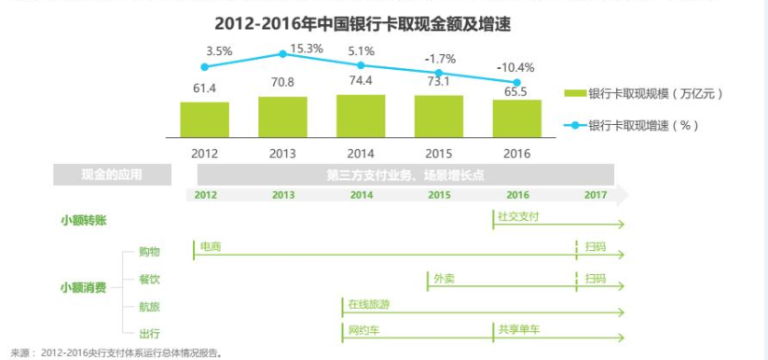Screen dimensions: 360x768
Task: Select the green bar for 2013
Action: click(282, 117)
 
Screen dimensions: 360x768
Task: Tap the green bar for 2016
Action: click(517, 118)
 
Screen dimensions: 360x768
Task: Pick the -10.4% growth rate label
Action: click(516, 67)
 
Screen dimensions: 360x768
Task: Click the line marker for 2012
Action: click(204, 67)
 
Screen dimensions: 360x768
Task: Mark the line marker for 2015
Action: click(439, 76)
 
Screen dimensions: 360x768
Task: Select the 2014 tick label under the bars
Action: click(361, 152)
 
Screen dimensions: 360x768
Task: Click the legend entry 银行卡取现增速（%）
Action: click(643, 124)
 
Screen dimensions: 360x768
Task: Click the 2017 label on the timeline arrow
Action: click(596, 195)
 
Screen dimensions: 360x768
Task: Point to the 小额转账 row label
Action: click(83, 220)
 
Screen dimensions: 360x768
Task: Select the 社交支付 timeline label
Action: click(518, 215)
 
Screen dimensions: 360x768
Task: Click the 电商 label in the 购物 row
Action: click(210, 246)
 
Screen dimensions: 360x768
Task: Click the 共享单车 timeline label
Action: click(517, 330)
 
